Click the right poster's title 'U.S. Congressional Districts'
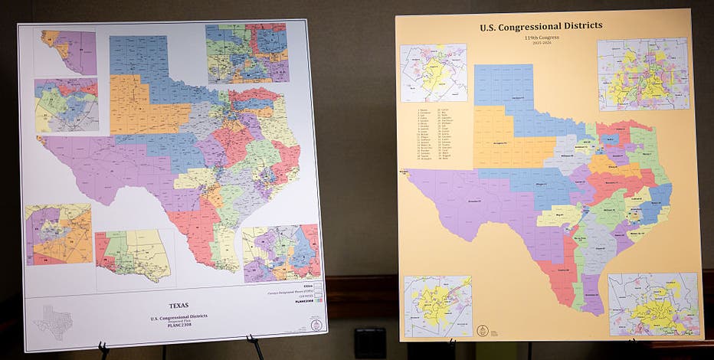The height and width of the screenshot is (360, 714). coord(541,26)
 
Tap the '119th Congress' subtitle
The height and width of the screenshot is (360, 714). coord(541,36)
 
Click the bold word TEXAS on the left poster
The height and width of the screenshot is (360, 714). coord(178,304)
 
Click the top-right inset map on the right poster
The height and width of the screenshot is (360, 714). coord(643,74)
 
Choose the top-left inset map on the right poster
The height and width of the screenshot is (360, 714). coord(433,73)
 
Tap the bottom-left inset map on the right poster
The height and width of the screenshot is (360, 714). coord(437,306)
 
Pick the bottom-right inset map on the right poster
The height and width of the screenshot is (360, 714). coord(653,303)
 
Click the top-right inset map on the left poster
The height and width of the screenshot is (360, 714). coord(247,53)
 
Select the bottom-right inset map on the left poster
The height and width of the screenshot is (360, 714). coord(281,253)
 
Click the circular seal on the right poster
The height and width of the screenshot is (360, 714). coord(483,330)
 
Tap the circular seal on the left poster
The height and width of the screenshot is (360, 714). coord(316,325)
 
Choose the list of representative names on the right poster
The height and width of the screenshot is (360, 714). coord(434,133)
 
